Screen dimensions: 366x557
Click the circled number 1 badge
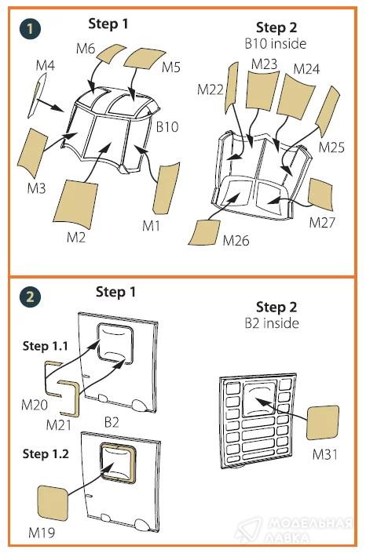point(30,28)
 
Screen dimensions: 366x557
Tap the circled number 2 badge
point(30,297)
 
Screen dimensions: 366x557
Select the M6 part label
point(86,49)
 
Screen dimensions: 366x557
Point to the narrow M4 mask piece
point(37,95)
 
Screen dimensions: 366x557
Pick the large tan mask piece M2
point(75,203)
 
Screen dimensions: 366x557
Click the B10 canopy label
point(167,127)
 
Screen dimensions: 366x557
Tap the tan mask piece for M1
point(166,188)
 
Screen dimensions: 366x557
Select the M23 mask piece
point(262,89)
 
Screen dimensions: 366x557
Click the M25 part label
point(331,147)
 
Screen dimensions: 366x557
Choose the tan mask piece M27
point(320,195)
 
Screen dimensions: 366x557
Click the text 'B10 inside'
point(276,44)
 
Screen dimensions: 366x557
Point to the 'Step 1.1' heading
point(46,346)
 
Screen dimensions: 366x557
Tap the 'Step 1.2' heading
point(46,453)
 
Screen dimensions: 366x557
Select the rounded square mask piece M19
point(53,503)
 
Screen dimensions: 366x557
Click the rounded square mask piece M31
point(323,423)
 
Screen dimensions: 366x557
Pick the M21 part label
point(58,424)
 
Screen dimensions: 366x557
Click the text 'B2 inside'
point(272,323)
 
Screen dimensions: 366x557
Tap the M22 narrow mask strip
point(232,88)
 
